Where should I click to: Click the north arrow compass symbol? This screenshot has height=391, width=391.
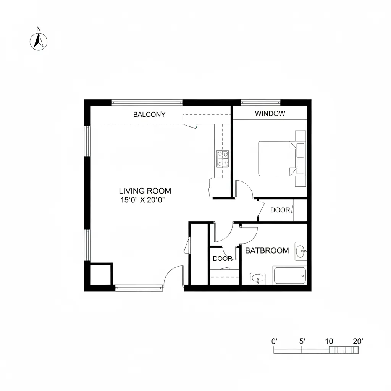click(38, 42)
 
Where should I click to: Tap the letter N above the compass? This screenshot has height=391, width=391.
click(38, 29)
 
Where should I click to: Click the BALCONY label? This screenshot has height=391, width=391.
click(149, 114)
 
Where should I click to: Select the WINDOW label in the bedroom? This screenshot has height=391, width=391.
click(270, 113)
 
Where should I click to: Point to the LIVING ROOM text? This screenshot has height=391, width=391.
click(145, 191)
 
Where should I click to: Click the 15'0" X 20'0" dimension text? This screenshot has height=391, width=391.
click(145, 200)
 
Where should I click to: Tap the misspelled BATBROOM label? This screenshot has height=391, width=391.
click(267, 250)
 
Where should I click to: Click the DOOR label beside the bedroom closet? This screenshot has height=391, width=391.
click(280, 210)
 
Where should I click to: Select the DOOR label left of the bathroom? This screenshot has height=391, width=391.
click(222, 259)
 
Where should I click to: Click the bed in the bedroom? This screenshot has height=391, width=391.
click(277, 158)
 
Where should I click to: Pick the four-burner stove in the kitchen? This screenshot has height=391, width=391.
click(223, 158)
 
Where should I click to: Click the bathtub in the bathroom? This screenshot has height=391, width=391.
click(290, 275)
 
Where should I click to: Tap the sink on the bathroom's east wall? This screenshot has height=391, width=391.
click(301, 251)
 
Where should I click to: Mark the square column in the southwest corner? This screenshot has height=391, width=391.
click(101, 274)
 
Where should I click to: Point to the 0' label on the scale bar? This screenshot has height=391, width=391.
click(274, 341)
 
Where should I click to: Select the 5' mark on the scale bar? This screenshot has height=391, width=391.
click(302, 341)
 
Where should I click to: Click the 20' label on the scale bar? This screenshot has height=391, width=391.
click(358, 341)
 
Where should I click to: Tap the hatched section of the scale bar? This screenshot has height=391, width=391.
click(344, 351)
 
